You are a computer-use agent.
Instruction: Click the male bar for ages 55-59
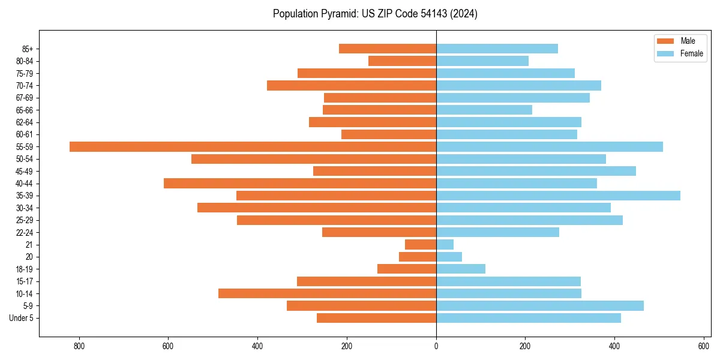coord(253,146)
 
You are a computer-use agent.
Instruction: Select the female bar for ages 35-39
coord(558,196)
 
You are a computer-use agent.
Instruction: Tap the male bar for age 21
coord(421,244)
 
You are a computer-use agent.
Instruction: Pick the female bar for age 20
coord(449,257)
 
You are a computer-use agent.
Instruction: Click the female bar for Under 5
coord(528,318)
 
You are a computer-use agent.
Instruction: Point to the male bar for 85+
coord(388,49)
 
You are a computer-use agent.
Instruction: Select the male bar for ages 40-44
coord(300,183)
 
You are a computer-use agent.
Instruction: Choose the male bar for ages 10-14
coord(327,293)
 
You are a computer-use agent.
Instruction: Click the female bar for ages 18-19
coord(461,269)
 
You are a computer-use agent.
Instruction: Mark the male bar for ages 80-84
coord(402,61)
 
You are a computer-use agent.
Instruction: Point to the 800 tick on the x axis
coord(79,346)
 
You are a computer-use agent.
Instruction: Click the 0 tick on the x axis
coord(436,346)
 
